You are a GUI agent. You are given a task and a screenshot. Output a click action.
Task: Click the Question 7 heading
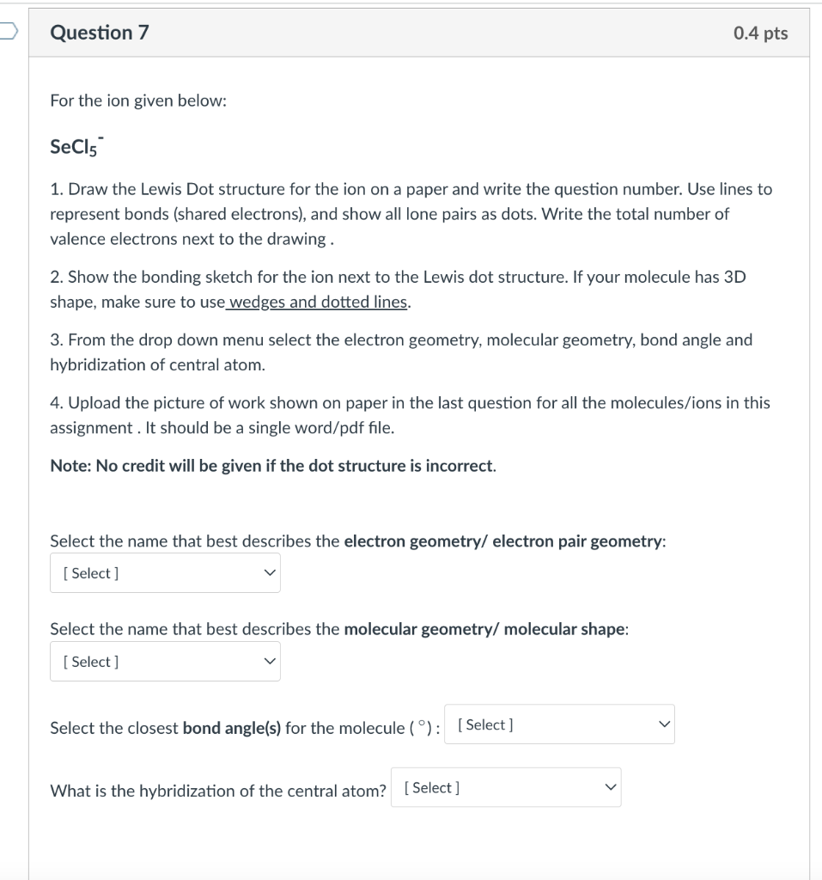pyautogui.click(x=100, y=33)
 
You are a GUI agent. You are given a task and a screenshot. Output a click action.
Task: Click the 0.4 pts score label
pyautogui.click(x=760, y=34)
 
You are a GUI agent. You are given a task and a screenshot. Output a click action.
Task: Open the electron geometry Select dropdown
pyautogui.click(x=165, y=573)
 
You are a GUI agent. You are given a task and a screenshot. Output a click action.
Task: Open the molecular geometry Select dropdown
pyautogui.click(x=165, y=662)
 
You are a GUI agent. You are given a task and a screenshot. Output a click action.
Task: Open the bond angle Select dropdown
pyautogui.click(x=559, y=724)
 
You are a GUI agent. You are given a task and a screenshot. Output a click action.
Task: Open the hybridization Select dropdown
pyautogui.click(x=506, y=787)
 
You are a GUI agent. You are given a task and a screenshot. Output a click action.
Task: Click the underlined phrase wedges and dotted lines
pyautogui.click(x=319, y=302)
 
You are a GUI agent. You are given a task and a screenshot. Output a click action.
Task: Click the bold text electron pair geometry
pyautogui.click(x=578, y=541)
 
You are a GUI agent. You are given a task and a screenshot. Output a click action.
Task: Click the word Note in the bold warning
pyautogui.click(x=67, y=466)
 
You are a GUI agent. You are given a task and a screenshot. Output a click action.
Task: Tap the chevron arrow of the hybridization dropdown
pyautogui.click(x=609, y=787)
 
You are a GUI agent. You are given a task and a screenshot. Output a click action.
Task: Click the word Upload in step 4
pyautogui.click(x=92, y=402)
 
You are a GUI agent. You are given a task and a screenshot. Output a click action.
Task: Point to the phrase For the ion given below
pyautogui.click(x=138, y=101)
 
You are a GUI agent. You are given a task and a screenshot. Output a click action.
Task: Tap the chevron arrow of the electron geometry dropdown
pyautogui.click(x=270, y=573)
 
